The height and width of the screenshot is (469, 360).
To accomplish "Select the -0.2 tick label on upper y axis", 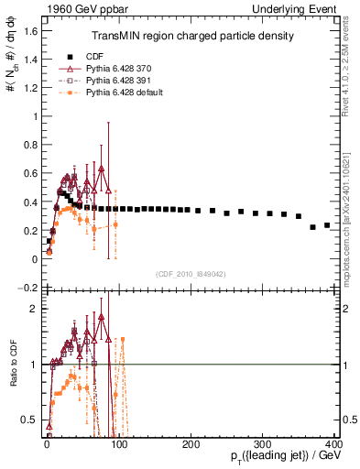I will [x=27, y=288].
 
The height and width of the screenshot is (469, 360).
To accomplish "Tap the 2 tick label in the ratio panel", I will [x=32, y=309].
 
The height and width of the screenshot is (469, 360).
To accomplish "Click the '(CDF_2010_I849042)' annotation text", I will [x=191, y=272].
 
